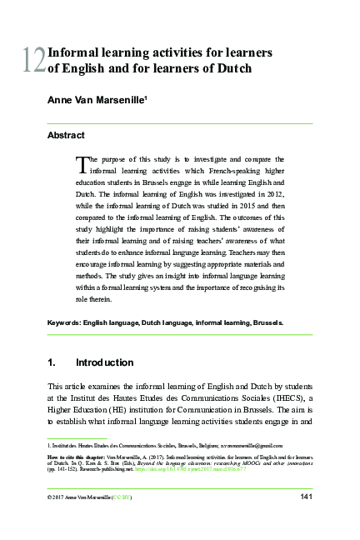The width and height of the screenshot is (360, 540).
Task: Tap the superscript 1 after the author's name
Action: pyautogui.click(x=146, y=97)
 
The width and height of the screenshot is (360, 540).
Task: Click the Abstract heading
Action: pyautogui.click(x=66, y=134)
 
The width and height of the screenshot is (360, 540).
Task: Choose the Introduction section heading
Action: pyautogui.click(x=104, y=362)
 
